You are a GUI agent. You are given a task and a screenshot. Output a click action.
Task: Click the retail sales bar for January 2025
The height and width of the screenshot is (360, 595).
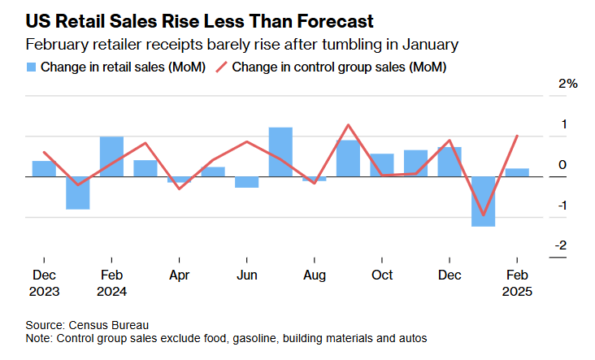click(x=483, y=201)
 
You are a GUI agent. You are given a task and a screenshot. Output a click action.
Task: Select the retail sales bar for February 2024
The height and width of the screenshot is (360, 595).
click(x=111, y=156)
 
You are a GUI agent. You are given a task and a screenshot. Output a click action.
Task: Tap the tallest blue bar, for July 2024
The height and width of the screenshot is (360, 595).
click(x=280, y=152)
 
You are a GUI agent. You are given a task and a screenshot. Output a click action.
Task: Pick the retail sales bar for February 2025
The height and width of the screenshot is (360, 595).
click(x=517, y=172)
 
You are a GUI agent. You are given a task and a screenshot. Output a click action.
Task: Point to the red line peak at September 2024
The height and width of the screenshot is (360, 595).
click(x=348, y=125)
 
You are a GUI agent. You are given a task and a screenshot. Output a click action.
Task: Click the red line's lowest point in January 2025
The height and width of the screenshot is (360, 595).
click(x=483, y=215)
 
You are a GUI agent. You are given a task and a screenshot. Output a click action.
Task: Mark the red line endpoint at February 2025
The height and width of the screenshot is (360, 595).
click(x=517, y=136)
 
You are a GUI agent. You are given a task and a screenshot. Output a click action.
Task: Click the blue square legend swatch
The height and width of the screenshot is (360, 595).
click(x=31, y=67)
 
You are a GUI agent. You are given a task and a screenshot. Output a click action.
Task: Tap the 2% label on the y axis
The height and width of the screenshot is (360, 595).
click(x=567, y=84)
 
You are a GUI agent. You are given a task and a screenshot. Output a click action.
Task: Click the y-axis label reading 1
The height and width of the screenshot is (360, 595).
click(x=563, y=124)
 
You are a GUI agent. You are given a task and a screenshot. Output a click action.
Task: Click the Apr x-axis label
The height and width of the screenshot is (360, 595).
click(x=179, y=275)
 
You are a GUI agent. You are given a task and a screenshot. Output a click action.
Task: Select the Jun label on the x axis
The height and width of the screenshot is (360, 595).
click(x=246, y=275)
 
